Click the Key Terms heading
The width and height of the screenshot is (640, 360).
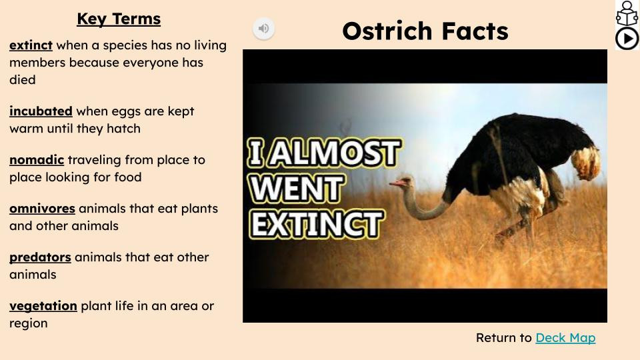pyautogui.click(x=119, y=19)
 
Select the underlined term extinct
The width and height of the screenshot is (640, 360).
pyautogui.click(x=31, y=45)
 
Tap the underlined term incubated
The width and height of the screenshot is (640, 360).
pyautogui.click(x=41, y=111)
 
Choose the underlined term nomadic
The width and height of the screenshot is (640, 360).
pyautogui.click(x=37, y=159)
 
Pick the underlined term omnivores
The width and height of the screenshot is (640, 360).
pyautogui.click(x=43, y=208)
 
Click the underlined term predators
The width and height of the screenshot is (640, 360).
pyautogui.click(x=41, y=257)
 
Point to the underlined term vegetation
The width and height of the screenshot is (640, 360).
pyautogui.click(x=43, y=306)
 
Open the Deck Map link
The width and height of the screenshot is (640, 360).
pyautogui.click(x=565, y=337)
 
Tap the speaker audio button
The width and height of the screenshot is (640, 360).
pyautogui.click(x=264, y=28)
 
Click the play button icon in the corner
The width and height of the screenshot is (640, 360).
pyautogui.click(x=627, y=39)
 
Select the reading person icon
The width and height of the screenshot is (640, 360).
pyautogui.click(x=627, y=13)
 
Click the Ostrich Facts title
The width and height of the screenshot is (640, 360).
pyautogui.click(x=425, y=31)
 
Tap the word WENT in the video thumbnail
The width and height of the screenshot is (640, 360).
pyautogui.click(x=297, y=188)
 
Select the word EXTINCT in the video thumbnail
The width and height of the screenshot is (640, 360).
pyautogui.click(x=317, y=224)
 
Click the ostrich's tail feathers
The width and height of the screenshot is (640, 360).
pyautogui.click(x=586, y=163)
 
